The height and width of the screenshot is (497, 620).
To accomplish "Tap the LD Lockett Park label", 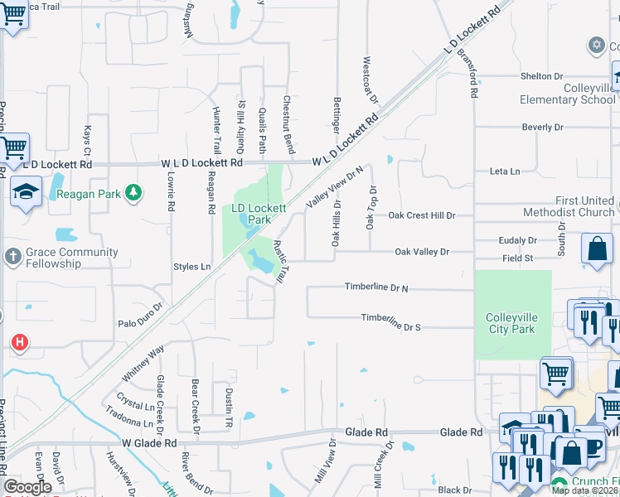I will tap(259, 214).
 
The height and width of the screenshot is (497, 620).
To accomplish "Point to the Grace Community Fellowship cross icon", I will tap(12, 257).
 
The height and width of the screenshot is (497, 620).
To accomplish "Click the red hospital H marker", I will tap(19, 341).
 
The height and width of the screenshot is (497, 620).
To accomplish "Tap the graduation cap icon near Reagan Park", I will tap(26, 192).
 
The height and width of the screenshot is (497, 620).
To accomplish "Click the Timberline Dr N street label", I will tap(376, 287).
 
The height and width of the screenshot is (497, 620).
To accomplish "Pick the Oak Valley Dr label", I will tap(421, 251).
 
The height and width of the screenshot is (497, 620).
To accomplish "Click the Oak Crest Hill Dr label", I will tap(423, 215).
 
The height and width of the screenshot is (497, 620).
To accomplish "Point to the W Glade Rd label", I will tap(150, 444).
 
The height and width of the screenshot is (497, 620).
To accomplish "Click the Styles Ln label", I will tap(191, 267).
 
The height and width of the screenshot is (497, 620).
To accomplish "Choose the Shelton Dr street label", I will tap(542, 76).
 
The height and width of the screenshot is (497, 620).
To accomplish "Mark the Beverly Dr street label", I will tap(542, 128).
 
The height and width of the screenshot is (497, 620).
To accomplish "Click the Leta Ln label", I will tap(504, 171).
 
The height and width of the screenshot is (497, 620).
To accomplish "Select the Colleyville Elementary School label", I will tap(568, 94).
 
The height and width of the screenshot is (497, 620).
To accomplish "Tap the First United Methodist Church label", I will tap(585, 206).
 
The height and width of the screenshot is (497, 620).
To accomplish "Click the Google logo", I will tap(27, 487).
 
